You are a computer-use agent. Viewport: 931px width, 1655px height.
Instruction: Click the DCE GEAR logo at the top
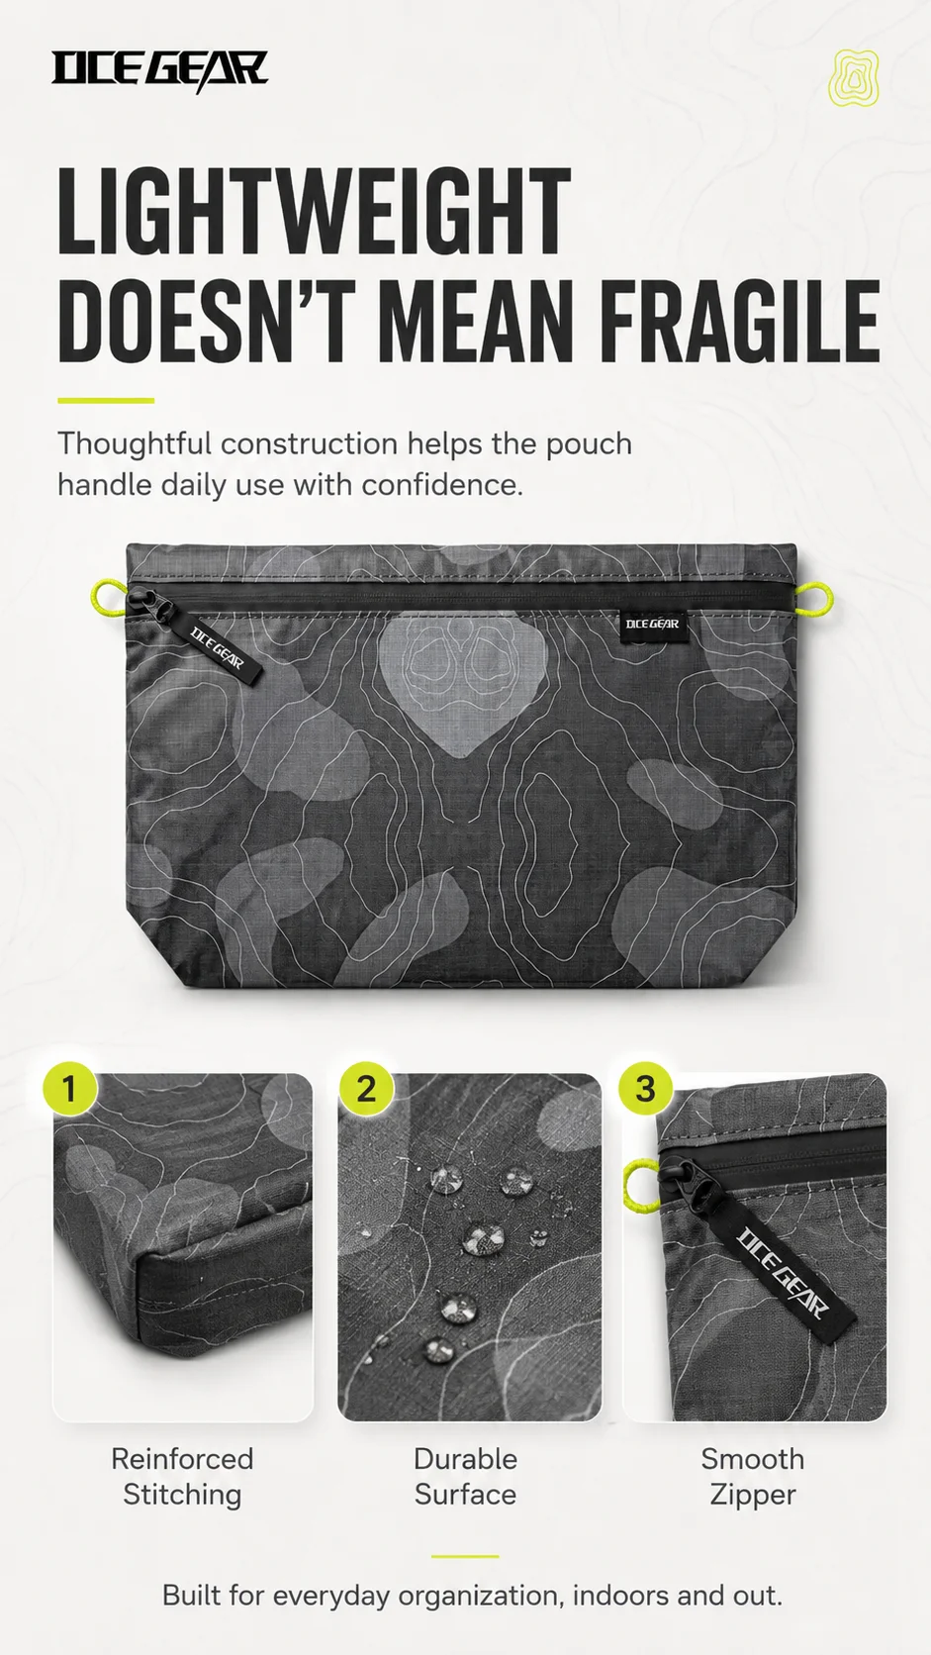click(159, 71)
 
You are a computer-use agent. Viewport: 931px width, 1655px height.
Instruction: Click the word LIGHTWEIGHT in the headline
click(314, 212)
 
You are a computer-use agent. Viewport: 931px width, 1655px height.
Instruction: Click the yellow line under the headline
click(106, 401)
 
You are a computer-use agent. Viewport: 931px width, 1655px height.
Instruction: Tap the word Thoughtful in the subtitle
click(135, 444)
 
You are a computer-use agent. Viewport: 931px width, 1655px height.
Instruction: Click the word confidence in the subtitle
click(442, 485)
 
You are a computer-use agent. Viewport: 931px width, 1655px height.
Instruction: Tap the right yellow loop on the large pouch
click(818, 596)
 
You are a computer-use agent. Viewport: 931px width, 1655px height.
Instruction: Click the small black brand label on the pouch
click(653, 625)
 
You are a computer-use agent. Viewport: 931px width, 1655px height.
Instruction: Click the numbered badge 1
click(70, 1088)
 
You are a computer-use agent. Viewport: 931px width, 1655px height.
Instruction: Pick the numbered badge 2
click(366, 1088)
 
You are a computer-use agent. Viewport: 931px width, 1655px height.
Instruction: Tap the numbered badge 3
click(646, 1088)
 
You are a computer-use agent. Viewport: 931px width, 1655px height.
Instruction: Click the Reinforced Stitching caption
click(182, 1476)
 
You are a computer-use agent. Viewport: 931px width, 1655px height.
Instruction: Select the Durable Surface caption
click(465, 1476)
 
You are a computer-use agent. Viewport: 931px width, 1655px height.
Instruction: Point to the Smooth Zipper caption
click(752, 1476)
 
